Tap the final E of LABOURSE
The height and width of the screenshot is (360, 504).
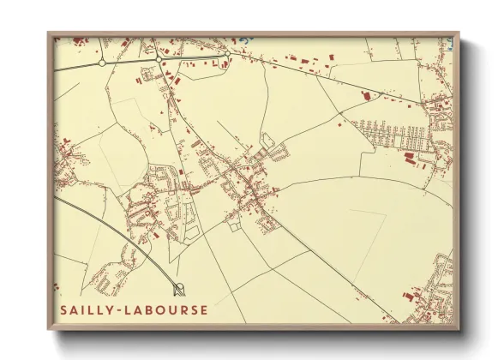[x=203, y=309]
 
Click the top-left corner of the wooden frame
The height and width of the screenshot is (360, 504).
[x=48, y=33]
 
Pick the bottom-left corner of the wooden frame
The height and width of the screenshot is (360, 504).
[x=48, y=329]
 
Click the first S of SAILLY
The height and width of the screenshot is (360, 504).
[x=64, y=309]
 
